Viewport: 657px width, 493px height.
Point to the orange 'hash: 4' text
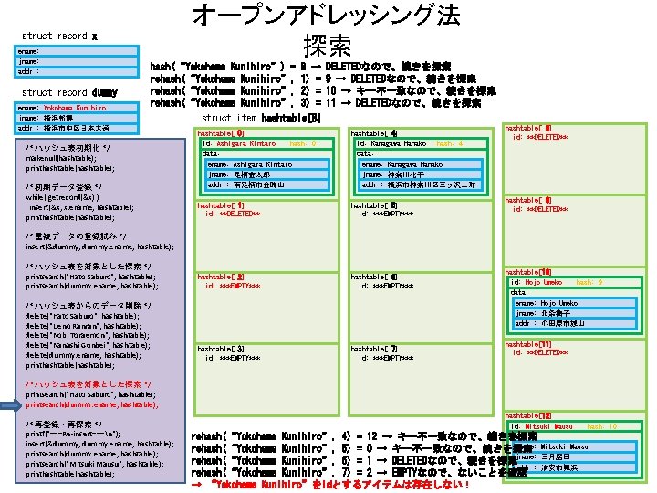(450, 143)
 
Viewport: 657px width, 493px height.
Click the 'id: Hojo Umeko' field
(537, 282)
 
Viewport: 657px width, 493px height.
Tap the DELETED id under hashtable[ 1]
(234, 214)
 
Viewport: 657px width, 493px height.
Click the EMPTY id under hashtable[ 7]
(387, 357)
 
